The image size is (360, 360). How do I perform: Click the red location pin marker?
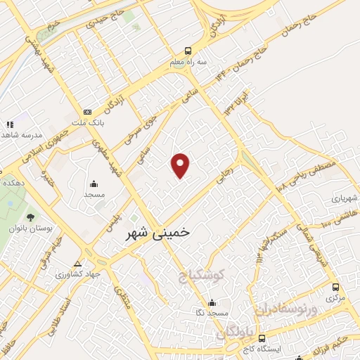click(x=181, y=165)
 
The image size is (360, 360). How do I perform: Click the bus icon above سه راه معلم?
click(x=187, y=51)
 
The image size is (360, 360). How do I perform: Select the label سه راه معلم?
click(x=187, y=62)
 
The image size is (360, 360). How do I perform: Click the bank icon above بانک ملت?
click(x=87, y=111)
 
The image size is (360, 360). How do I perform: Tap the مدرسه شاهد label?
click(x=22, y=134)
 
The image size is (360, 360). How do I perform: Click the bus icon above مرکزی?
click(x=335, y=288)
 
